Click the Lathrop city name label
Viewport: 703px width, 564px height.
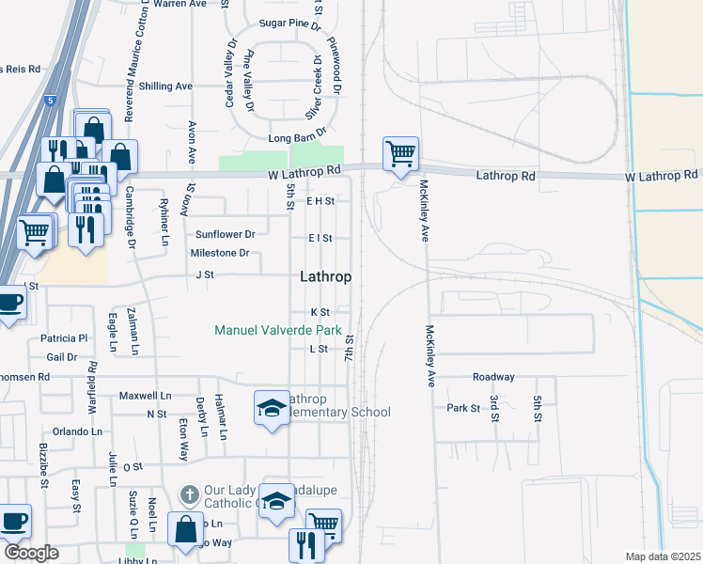(326, 277)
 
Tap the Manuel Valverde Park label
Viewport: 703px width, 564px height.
(277, 330)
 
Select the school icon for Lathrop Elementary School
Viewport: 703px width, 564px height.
(272, 408)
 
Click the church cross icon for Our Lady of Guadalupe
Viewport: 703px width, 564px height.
(188, 493)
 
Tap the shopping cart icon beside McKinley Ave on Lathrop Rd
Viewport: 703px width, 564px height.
(400, 153)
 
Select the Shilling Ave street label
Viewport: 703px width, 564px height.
(165, 86)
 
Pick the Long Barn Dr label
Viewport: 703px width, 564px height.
(297, 138)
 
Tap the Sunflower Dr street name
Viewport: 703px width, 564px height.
(225, 234)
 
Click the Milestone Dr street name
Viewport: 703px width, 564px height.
(220, 253)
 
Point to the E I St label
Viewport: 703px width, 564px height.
(320, 238)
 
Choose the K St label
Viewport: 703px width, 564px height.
(320, 312)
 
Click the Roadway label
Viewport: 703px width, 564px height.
(493, 377)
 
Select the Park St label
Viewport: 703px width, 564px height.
(463, 408)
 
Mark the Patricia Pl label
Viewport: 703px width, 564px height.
(64, 337)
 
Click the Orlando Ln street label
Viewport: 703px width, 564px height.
(77, 431)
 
